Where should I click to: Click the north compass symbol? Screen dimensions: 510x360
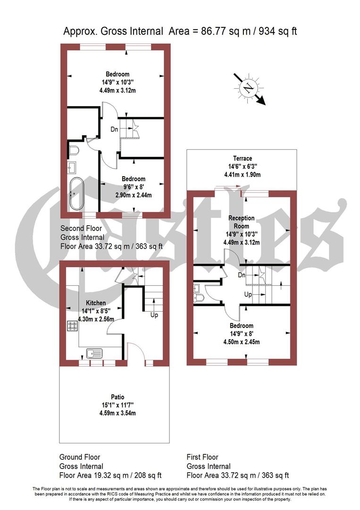pyautogui.click(x=247, y=88)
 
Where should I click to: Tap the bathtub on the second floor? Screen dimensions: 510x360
pyautogui.click(x=75, y=194)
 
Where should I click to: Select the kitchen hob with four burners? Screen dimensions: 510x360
pyautogui.click(x=73, y=325)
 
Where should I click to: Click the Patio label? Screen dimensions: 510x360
pyautogui.click(x=114, y=397)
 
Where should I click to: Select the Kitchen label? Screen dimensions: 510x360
pyautogui.click(x=95, y=303)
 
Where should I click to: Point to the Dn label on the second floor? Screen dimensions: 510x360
pyautogui.click(x=115, y=129)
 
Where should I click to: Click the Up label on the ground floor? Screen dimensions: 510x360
pyautogui.click(x=154, y=314)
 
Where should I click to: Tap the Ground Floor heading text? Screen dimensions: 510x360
pyautogui.click(x=79, y=457)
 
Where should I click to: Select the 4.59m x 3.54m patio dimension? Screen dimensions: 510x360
pyautogui.click(x=114, y=413)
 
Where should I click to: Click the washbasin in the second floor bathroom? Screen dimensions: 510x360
pyautogui.click(x=73, y=166)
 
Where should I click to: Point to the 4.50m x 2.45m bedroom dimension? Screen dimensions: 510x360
pyautogui.click(x=242, y=342)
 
